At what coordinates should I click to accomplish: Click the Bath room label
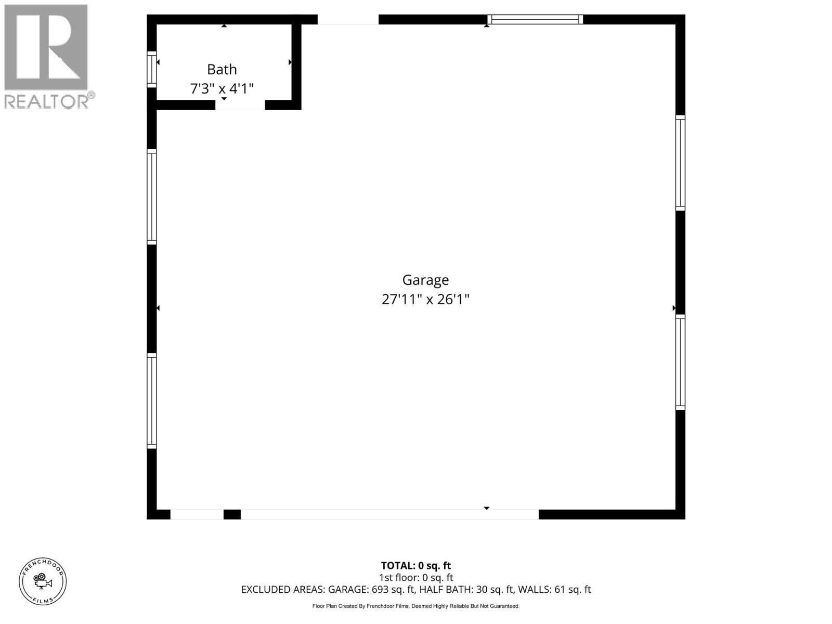coord(222,69)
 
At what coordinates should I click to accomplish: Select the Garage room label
coord(425,280)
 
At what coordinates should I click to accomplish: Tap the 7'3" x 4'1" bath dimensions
coord(222,88)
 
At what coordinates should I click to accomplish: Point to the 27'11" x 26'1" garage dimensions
coord(425,300)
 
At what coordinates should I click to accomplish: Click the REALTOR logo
coord(48,56)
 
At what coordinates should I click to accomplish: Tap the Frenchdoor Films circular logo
coord(43,581)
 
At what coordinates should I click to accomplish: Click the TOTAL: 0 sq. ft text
coord(415,566)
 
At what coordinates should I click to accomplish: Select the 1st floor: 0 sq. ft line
coord(415,578)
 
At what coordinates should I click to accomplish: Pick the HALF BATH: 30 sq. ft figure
coord(466,590)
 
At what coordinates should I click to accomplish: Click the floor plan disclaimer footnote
coord(415,606)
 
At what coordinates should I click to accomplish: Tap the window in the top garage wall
coord(535,20)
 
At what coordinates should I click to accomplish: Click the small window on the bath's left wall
coord(152,69)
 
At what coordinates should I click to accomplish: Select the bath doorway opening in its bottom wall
coord(240,105)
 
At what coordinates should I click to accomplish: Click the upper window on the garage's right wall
coord(680,163)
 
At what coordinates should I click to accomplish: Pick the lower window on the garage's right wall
coord(680,362)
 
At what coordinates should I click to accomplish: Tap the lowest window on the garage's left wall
coord(152,400)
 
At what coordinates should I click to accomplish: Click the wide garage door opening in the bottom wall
coord(389,514)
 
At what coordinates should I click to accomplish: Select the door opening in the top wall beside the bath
coord(348,20)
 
